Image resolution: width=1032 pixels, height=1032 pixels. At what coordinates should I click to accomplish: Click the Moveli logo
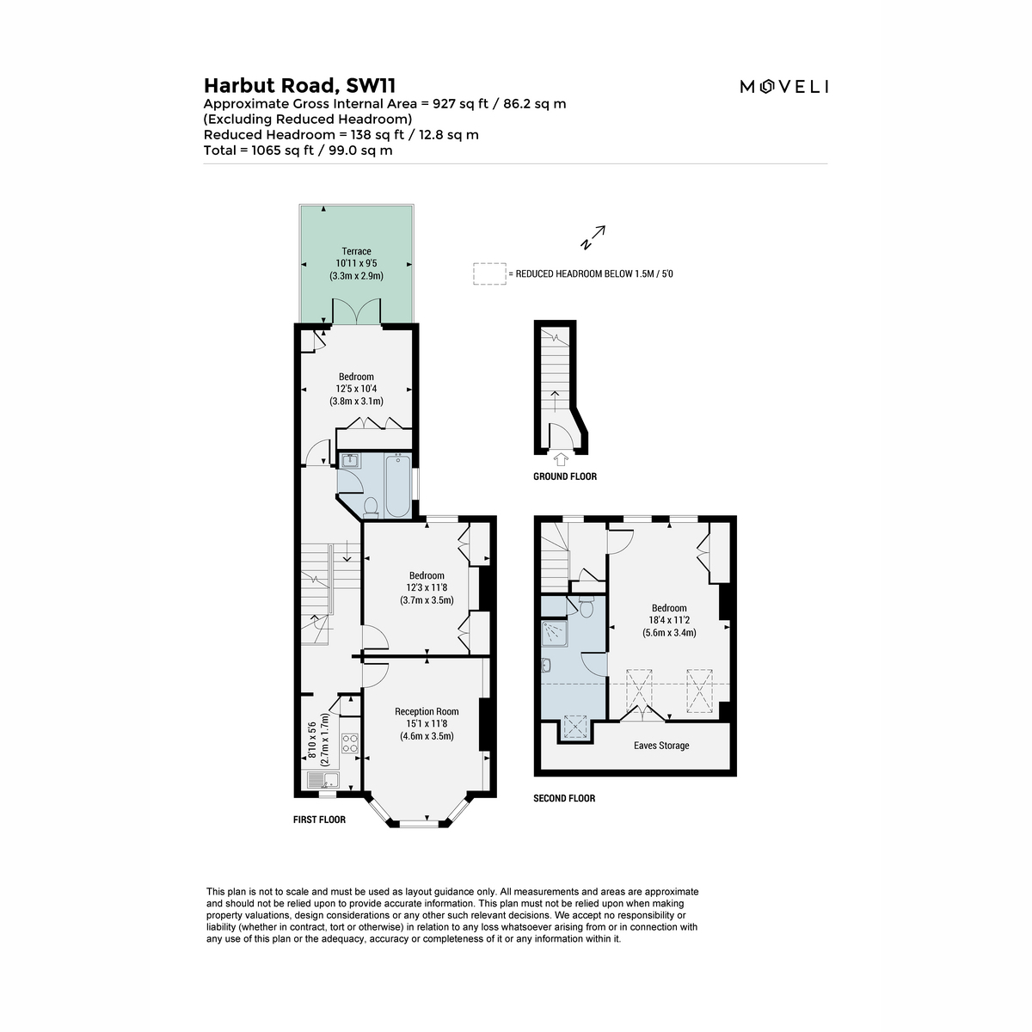click(x=784, y=86)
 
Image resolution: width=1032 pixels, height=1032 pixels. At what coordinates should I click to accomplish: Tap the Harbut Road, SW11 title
click(x=299, y=86)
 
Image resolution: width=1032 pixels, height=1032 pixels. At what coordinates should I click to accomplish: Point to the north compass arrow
click(x=593, y=237)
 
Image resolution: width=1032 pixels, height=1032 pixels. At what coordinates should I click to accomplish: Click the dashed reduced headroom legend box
click(x=489, y=273)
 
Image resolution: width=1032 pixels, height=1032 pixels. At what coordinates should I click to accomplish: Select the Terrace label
click(x=356, y=251)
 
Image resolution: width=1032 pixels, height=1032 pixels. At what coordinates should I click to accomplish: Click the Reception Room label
click(x=427, y=712)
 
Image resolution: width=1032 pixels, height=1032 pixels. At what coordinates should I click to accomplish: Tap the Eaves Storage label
click(x=661, y=746)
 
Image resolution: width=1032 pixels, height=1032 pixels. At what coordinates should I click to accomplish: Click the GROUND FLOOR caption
click(x=565, y=476)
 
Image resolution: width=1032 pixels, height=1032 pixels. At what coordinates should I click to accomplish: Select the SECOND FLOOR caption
click(x=564, y=798)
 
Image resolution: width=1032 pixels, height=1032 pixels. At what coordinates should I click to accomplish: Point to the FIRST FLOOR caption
click(x=319, y=820)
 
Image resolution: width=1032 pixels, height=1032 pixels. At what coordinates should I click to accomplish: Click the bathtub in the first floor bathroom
click(x=398, y=485)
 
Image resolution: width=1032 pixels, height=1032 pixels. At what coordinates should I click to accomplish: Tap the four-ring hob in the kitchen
click(x=350, y=743)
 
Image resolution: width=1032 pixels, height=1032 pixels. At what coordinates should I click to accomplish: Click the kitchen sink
click(x=323, y=780)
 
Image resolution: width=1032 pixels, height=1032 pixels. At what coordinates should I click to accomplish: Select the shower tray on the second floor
click(x=555, y=634)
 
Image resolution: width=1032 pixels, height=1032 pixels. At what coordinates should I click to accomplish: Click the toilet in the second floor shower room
click(x=586, y=608)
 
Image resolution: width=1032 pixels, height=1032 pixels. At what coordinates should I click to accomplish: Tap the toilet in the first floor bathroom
click(x=371, y=506)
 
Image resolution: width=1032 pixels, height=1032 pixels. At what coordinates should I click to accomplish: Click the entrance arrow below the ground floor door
click(x=561, y=459)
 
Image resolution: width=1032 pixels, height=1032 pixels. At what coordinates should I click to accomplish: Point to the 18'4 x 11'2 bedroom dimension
click(x=669, y=620)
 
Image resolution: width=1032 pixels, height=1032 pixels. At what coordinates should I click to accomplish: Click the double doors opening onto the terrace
click(x=357, y=311)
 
